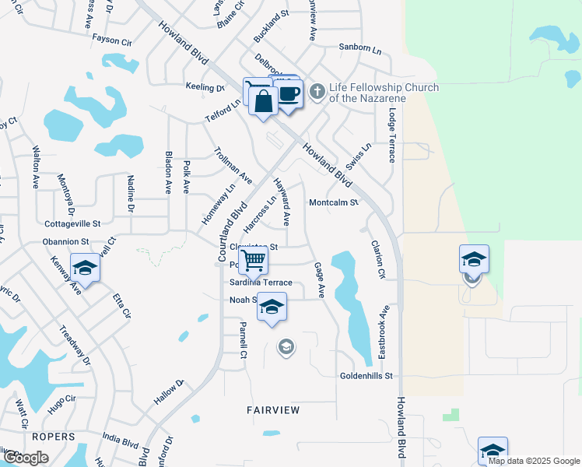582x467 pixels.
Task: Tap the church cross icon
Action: [317, 92]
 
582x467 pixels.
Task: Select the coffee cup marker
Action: [289, 95]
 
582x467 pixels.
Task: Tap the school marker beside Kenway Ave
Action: [85, 268]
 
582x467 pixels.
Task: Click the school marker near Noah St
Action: [272, 307]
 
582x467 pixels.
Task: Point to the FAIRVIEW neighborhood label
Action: [273, 409]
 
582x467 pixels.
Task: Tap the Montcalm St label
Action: [333, 202]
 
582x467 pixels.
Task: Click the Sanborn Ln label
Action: [360, 47]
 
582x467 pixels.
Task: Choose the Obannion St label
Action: [67, 243]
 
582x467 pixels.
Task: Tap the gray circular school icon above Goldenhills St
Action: [286, 346]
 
